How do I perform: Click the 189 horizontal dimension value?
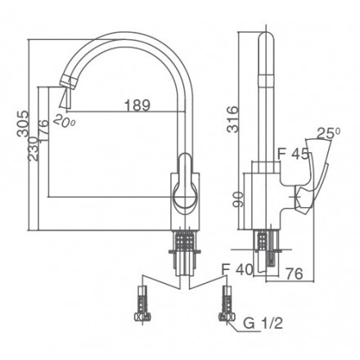137,105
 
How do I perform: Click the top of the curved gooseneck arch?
131,31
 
